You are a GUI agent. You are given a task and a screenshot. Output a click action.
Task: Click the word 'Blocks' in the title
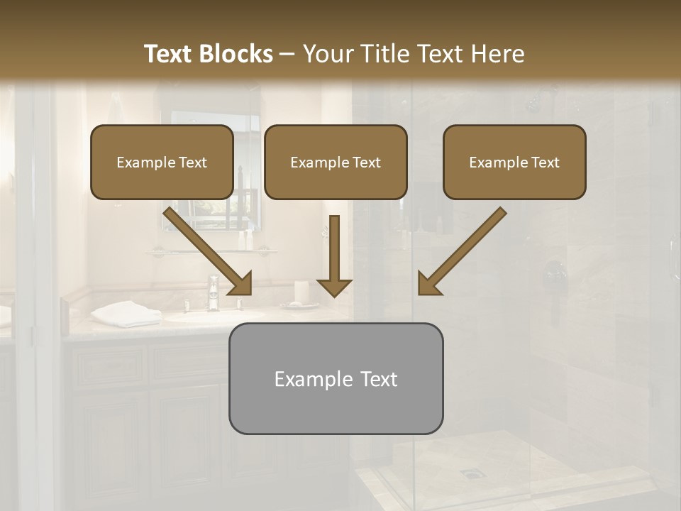click(x=237, y=54)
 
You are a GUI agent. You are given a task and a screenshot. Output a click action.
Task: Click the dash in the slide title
click(x=287, y=55)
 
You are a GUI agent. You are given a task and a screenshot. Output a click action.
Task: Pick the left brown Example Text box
click(x=162, y=163)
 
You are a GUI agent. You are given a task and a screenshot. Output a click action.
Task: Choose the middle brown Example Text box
click(x=336, y=163)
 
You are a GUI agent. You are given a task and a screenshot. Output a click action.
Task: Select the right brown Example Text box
click(x=514, y=163)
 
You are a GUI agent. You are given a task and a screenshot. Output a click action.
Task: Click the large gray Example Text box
click(x=336, y=379)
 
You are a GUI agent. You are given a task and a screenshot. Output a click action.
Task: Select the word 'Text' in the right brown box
click(x=545, y=163)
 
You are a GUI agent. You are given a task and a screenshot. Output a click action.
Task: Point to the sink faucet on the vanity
click(x=213, y=292)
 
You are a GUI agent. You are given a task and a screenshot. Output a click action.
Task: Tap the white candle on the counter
click(x=301, y=291)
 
